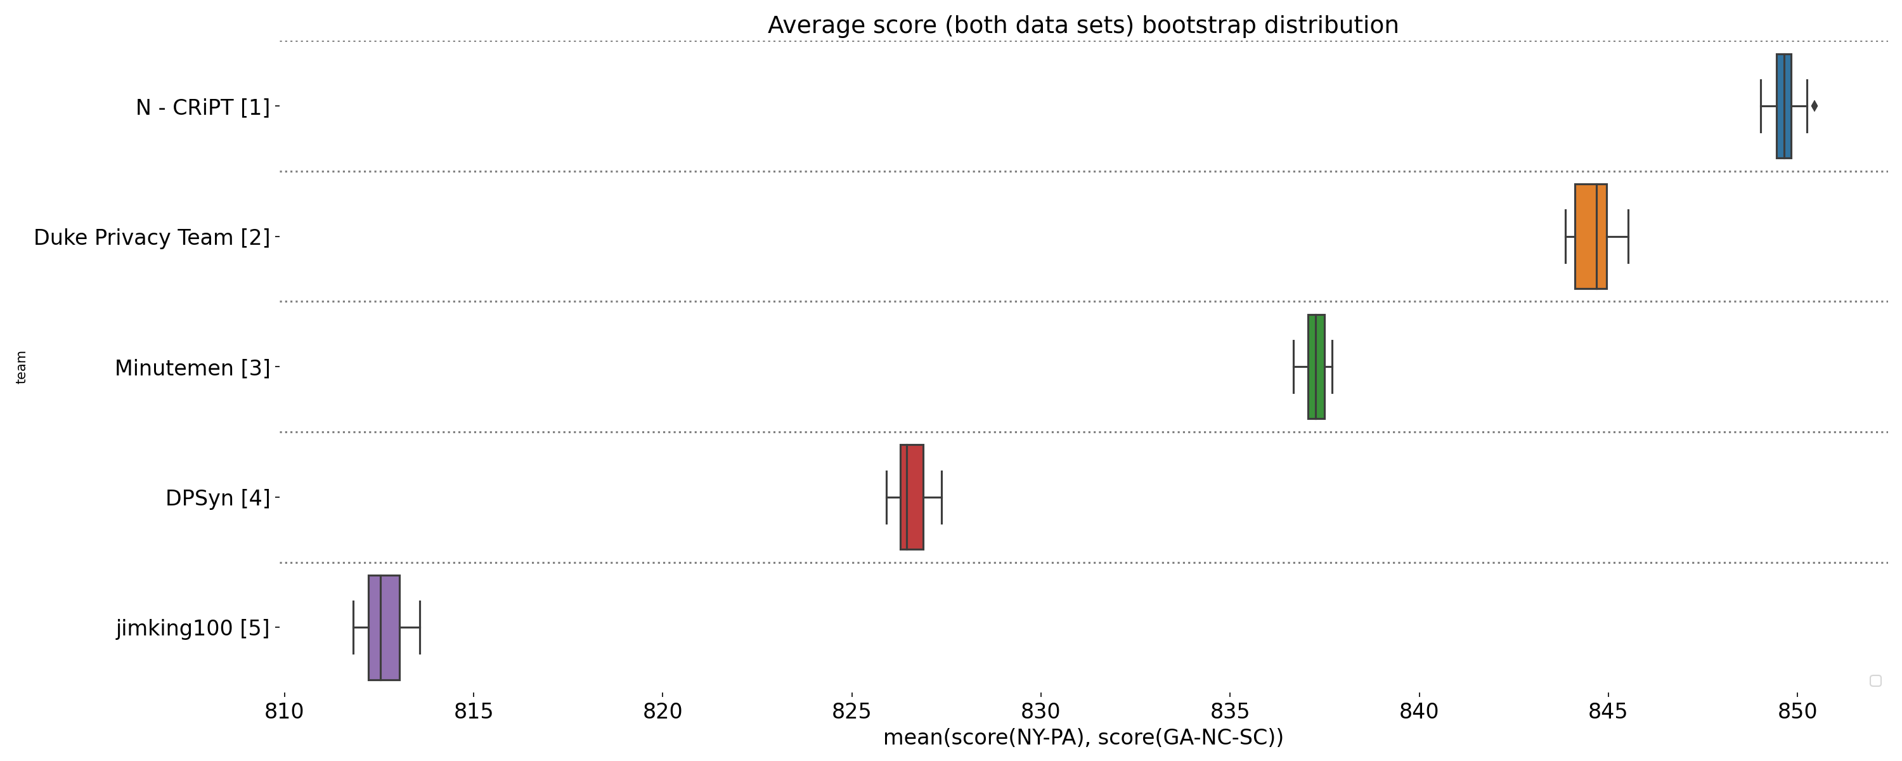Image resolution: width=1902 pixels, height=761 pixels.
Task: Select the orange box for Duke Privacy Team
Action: coord(1591,237)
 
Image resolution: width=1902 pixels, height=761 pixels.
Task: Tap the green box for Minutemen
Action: coord(1316,367)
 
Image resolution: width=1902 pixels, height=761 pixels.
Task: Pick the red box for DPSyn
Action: coord(911,497)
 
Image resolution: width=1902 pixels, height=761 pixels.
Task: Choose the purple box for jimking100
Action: coord(384,627)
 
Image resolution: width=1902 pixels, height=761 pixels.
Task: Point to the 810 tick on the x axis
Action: coord(284,711)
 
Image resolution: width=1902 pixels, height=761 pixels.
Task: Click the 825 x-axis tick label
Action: coord(851,711)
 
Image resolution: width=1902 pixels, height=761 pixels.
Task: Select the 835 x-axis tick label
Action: coord(1230,711)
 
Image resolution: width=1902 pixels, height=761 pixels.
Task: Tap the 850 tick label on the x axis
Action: coord(1797,711)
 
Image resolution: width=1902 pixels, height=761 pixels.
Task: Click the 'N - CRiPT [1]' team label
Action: coord(202,108)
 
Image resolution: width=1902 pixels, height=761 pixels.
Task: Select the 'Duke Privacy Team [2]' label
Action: coord(152,238)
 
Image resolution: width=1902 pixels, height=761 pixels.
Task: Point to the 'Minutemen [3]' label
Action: coord(192,368)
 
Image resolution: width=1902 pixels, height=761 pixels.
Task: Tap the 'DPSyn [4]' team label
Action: coord(217,498)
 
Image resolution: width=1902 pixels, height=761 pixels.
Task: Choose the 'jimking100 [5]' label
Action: coord(192,628)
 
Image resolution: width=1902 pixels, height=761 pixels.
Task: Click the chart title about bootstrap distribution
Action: coord(1082,25)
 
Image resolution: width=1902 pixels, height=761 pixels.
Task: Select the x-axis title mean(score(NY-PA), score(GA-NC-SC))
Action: coord(1082,738)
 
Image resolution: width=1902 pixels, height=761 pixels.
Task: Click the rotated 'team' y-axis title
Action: coord(22,367)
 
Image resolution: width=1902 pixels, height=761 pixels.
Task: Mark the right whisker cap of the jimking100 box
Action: coord(420,627)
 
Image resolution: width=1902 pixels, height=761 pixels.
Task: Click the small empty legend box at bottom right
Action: coord(1875,680)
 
